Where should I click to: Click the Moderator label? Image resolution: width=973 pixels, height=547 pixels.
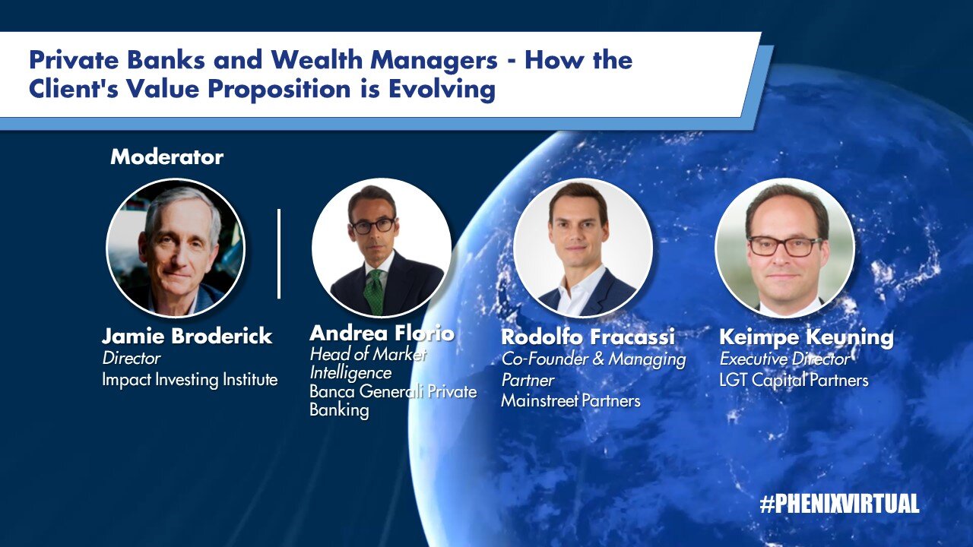(x=166, y=157)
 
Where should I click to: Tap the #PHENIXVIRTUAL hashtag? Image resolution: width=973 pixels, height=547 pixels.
(x=839, y=504)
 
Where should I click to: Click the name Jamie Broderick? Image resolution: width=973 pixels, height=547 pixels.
(x=187, y=336)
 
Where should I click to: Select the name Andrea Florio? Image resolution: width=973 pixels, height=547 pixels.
(x=382, y=333)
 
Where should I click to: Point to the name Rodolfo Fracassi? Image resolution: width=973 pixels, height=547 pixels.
(x=588, y=337)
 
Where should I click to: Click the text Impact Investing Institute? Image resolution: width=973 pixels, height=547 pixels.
(x=190, y=380)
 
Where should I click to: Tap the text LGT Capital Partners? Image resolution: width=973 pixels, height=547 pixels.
(x=794, y=381)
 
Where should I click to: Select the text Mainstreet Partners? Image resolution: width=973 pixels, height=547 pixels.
(x=571, y=400)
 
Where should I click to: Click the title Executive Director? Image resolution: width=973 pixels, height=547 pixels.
(x=784, y=359)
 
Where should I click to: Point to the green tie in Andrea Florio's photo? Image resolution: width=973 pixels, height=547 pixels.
(x=373, y=291)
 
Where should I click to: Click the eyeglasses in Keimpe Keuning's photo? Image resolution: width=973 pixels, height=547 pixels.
(x=784, y=246)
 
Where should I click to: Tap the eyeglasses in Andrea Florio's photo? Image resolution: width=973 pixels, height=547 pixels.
(x=373, y=226)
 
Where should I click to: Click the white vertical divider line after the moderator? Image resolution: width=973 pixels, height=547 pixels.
(x=279, y=254)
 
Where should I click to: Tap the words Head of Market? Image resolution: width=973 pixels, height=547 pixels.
(x=368, y=354)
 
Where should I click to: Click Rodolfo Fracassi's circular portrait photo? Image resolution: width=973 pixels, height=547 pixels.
(x=583, y=248)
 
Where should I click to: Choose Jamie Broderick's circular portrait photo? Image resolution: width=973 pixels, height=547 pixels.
(x=176, y=248)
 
